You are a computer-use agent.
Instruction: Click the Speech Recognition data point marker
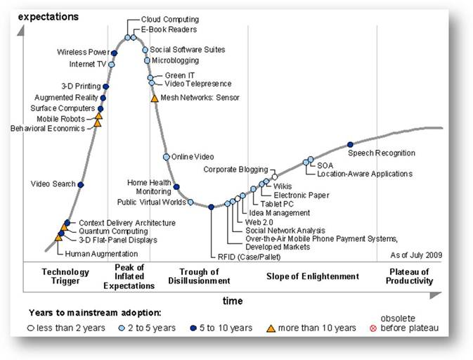pyautogui.click(x=350, y=145)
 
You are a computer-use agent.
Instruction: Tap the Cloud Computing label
pyautogui.click(x=170, y=20)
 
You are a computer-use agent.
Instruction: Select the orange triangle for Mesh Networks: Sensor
pyautogui.click(x=155, y=98)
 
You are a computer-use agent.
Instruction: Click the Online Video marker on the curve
pyautogui.click(x=166, y=157)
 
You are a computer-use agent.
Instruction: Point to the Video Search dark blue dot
pyautogui.click(x=81, y=185)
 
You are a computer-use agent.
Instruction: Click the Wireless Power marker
pyautogui.click(x=114, y=53)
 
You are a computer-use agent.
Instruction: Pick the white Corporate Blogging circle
pyautogui.click(x=275, y=176)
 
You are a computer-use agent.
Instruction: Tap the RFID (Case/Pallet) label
pyautogui.click(x=250, y=257)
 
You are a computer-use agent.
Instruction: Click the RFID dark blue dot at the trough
pyautogui.click(x=211, y=207)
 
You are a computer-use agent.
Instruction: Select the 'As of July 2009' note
pyautogui.click(x=416, y=255)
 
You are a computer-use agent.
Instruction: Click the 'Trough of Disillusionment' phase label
pyautogui.click(x=199, y=276)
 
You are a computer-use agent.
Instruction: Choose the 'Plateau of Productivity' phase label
pyautogui.click(x=409, y=276)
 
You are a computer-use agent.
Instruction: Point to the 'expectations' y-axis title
pyautogui.click(x=48, y=17)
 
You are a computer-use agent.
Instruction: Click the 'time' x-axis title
pyautogui.click(x=233, y=301)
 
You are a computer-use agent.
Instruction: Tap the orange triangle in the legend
pyautogui.click(x=271, y=328)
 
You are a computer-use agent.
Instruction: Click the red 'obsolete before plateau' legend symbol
pyautogui.click(x=373, y=328)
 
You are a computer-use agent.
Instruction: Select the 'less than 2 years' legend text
pyautogui.click(x=71, y=328)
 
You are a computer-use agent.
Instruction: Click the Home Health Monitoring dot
pyautogui.click(x=176, y=187)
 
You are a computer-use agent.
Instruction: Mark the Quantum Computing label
pyautogui.click(x=113, y=231)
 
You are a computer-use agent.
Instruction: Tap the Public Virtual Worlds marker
pyautogui.click(x=190, y=202)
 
